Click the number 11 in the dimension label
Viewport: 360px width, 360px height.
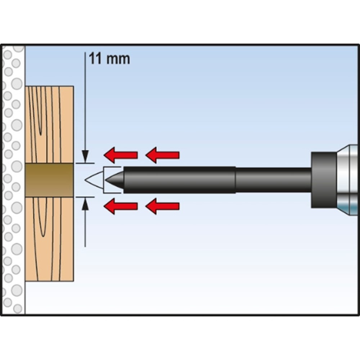95,59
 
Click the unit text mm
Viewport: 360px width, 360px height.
118,60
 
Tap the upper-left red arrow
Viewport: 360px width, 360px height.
121,155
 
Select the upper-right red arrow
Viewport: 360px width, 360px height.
162,155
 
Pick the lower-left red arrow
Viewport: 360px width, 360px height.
121,206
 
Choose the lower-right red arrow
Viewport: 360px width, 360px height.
162,206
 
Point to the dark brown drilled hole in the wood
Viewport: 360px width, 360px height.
49,180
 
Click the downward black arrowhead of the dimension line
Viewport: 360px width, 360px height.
85,156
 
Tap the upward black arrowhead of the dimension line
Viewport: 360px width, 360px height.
85,204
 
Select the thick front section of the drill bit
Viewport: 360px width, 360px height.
180,180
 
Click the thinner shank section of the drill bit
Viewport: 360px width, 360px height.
274,180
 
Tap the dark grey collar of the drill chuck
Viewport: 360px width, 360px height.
324,180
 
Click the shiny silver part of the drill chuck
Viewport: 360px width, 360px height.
348,180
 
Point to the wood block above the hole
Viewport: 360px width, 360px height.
49,125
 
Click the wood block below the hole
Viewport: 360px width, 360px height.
49,239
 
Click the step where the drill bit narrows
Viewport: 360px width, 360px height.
235,180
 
